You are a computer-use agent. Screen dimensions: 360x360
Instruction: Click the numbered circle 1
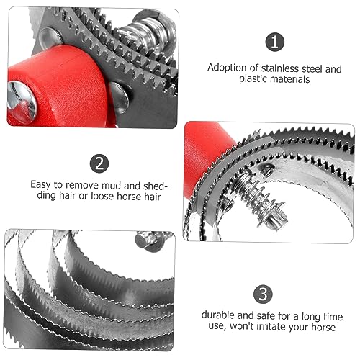pyautogui.click(x=274, y=42)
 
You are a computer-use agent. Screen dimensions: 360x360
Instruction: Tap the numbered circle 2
pyautogui.click(x=99, y=163)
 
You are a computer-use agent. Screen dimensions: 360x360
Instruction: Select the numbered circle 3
pyautogui.click(x=263, y=294)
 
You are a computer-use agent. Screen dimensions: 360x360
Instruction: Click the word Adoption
pyautogui.click(x=228, y=68)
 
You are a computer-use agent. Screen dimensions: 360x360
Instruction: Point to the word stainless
pyautogui.click(x=279, y=68)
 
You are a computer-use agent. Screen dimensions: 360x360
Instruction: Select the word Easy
pyautogui.click(x=40, y=185)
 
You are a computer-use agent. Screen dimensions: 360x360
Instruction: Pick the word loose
pyautogui.click(x=102, y=196)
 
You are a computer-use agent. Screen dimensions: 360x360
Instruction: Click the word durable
pyautogui.click(x=218, y=315)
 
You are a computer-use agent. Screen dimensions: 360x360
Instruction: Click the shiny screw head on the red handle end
pyautogui.click(x=21, y=102)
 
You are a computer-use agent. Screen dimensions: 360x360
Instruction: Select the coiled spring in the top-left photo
pyautogui.click(x=143, y=36)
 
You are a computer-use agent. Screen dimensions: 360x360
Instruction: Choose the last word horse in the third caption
pyautogui.click(x=323, y=327)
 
